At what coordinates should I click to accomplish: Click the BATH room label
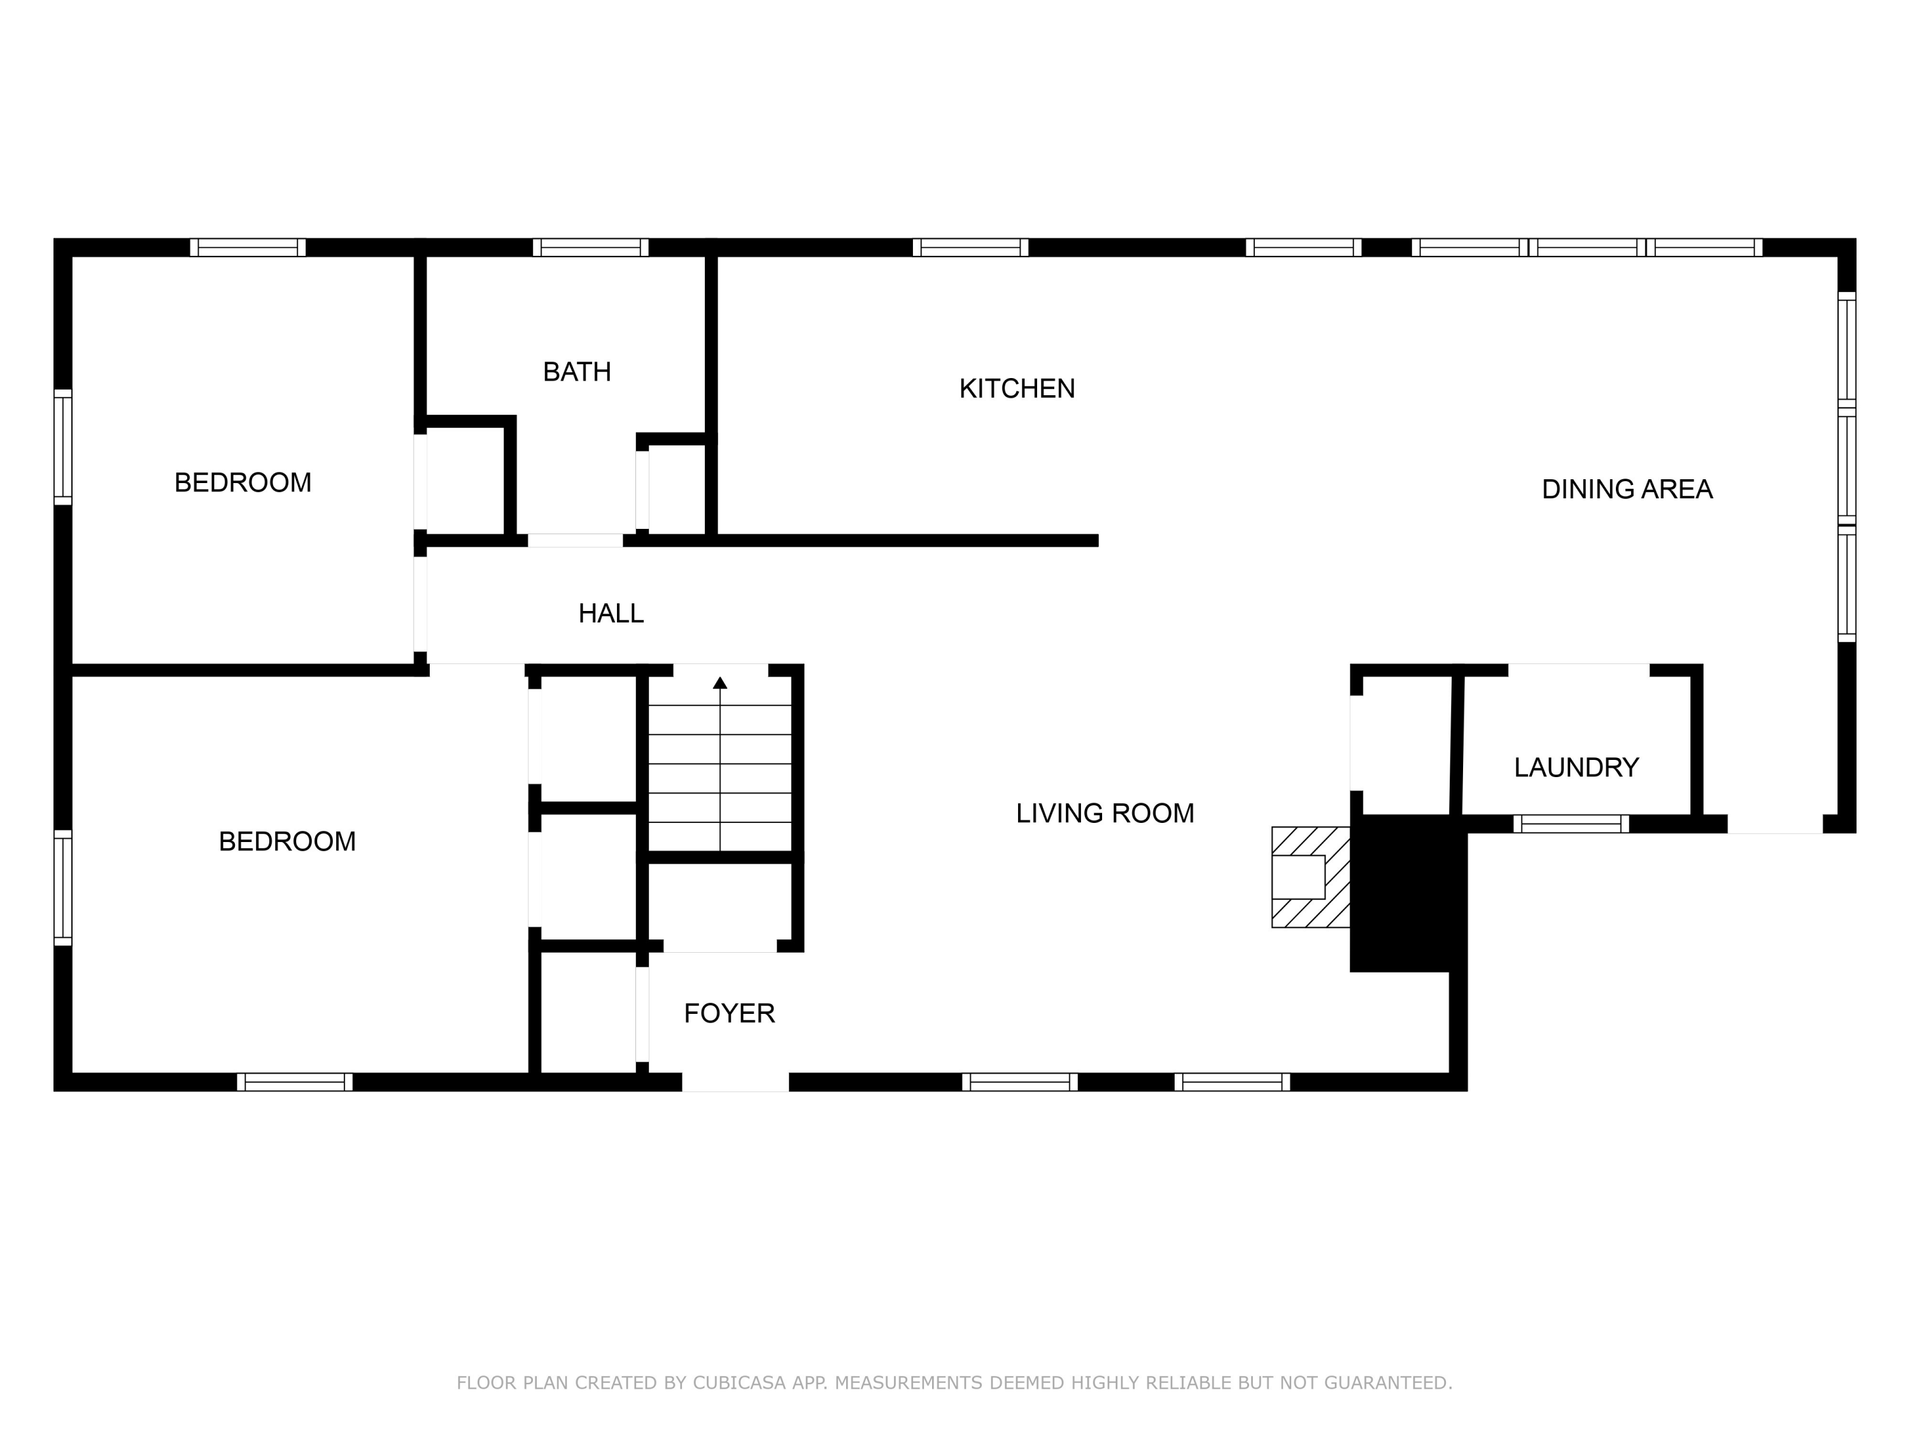(x=577, y=372)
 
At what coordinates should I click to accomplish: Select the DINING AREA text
(x=1627, y=489)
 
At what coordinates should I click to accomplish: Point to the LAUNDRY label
(x=1576, y=768)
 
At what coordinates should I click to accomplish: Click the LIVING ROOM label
(x=1105, y=813)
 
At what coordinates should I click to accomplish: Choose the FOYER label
(x=729, y=1013)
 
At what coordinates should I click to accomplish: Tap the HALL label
(x=611, y=614)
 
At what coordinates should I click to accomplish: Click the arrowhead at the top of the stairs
(x=720, y=683)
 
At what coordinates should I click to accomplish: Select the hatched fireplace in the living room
(x=1309, y=877)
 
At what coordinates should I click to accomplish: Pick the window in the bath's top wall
(x=591, y=248)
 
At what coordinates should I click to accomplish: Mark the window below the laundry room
(x=1571, y=824)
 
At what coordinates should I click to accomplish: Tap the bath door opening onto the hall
(x=575, y=541)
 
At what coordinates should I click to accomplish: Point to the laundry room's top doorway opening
(x=1578, y=670)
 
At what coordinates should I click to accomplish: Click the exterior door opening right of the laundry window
(x=1774, y=824)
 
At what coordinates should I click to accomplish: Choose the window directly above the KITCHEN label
(x=970, y=248)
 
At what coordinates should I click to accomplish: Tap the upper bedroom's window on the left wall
(x=63, y=447)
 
